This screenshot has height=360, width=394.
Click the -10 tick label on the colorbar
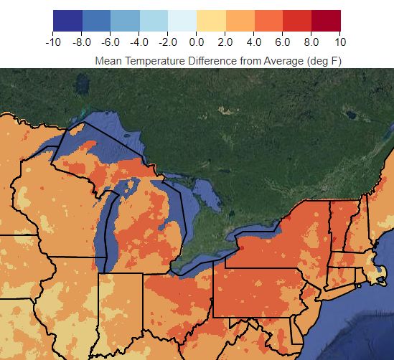[52, 42]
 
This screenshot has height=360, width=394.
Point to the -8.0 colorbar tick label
[83, 42]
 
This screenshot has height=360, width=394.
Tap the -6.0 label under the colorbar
[111, 42]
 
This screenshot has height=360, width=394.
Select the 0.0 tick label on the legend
[197, 42]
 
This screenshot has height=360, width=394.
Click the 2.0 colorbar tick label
[225, 42]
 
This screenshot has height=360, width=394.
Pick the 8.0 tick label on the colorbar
[311, 42]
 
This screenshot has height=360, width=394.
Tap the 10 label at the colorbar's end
[340, 42]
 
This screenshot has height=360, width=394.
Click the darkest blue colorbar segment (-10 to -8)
[68, 21]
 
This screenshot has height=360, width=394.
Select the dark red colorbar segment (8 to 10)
[326, 21]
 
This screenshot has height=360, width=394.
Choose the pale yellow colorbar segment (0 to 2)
[211, 21]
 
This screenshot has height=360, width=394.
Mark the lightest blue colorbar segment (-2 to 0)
[182, 21]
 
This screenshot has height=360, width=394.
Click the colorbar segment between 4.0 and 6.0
[268, 21]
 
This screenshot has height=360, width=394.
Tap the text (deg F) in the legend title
[324, 61]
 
